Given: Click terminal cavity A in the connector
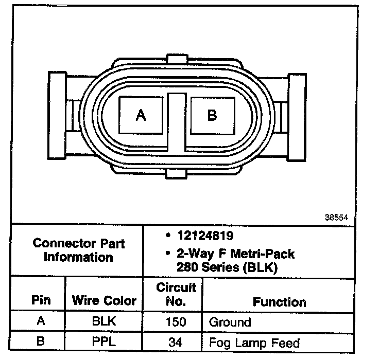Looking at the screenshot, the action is [x=141, y=115].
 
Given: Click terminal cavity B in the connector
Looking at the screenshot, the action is [x=213, y=115].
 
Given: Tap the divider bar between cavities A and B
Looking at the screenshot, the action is [x=177, y=122].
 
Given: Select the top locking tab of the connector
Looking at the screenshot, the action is [x=177, y=59].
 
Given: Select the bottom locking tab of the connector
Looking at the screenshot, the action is [x=176, y=174].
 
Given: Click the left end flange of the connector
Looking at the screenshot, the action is [x=57, y=115].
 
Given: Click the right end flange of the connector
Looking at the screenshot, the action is [x=297, y=117].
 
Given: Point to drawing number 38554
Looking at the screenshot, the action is [x=336, y=218].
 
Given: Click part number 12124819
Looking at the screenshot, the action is [x=205, y=236].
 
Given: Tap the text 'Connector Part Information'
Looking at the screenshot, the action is [x=79, y=250].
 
